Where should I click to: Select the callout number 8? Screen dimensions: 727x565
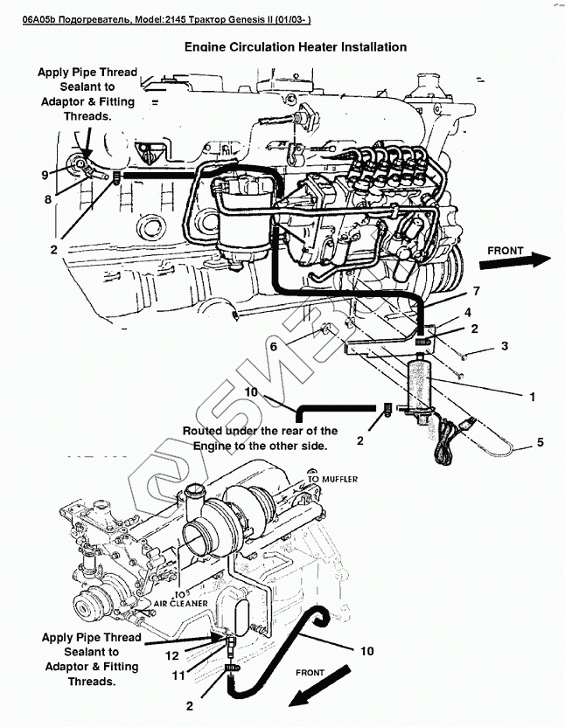(x=49, y=199)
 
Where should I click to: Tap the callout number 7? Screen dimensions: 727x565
(x=477, y=290)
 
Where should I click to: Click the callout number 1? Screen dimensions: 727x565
(x=530, y=396)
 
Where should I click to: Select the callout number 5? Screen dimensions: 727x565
(x=540, y=442)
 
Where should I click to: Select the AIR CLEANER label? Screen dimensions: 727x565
(x=181, y=604)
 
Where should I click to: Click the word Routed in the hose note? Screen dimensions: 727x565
(x=206, y=431)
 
